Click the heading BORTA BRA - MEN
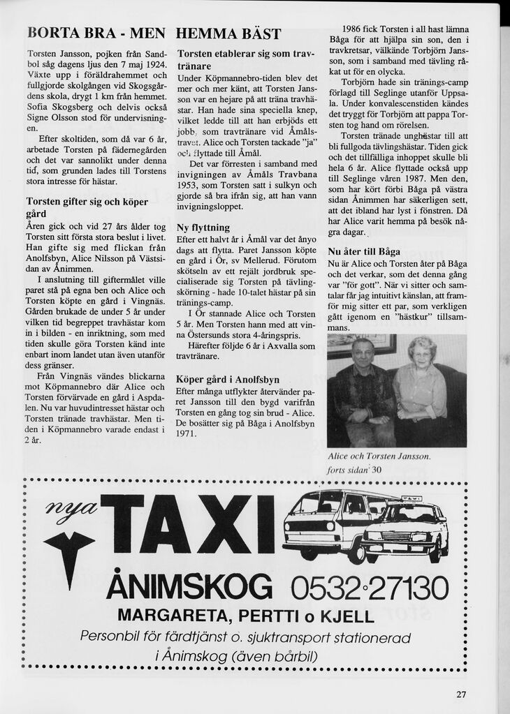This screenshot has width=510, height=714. coord(96,34)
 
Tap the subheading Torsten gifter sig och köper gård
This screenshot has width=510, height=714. coord(87,207)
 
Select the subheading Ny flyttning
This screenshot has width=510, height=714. coord(203,228)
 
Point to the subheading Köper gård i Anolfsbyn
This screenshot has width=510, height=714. coord(227,380)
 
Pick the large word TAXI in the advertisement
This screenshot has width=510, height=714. coord(189,524)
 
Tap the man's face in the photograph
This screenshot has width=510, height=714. coord(363,352)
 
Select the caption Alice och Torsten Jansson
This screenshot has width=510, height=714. coord(379,456)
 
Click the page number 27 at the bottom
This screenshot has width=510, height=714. coord(461,694)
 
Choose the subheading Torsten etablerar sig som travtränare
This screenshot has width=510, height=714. coord(246,59)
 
